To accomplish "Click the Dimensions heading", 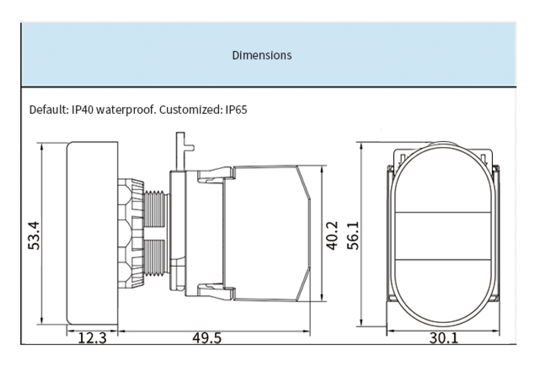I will pos(262,55).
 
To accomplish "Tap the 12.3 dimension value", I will pos(92,338).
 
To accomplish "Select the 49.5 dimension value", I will pos(207,338).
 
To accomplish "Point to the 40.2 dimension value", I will pos(332,236).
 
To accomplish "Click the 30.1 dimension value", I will pos(443,338).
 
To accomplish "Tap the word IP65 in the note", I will pos(236,110).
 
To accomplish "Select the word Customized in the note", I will pos(191,110).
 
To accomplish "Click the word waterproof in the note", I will pos(126,110).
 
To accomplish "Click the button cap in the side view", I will pos(92,233).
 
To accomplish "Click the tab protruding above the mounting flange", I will pos(181,148).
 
